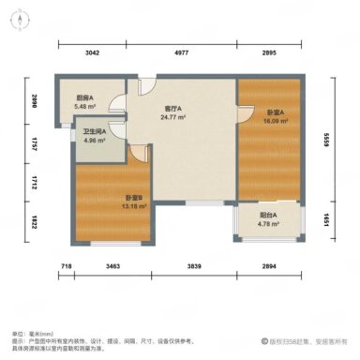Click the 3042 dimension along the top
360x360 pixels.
pyautogui.click(x=92, y=53)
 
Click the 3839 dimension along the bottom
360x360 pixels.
pyautogui.click(x=194, y=269)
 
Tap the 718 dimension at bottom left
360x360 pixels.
pyautogui.click(x=67, y=269)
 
